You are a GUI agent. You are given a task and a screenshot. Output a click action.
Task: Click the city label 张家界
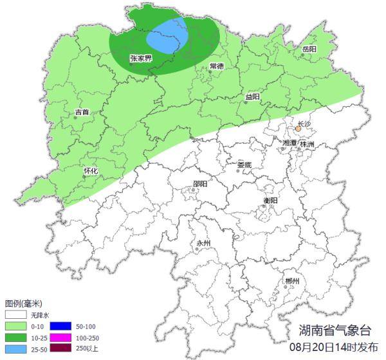point(140,58)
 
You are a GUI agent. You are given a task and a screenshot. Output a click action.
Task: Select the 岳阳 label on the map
point(309,50)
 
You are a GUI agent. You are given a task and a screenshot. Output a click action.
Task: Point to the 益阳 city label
point(252,97)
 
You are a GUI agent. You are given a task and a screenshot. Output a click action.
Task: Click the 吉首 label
point(82,112)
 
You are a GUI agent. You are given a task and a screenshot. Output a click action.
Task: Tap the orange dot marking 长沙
point(299,129)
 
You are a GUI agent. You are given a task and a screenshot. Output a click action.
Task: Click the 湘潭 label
point(290,143)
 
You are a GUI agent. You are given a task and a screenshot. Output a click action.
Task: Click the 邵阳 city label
point(200,184)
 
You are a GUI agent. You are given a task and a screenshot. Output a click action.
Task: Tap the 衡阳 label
point(271,201)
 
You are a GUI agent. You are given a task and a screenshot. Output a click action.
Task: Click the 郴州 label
point(292,282)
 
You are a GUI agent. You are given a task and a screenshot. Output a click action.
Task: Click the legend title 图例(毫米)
point(24,303)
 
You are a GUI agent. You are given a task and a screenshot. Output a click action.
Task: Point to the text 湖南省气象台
point(335,330)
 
